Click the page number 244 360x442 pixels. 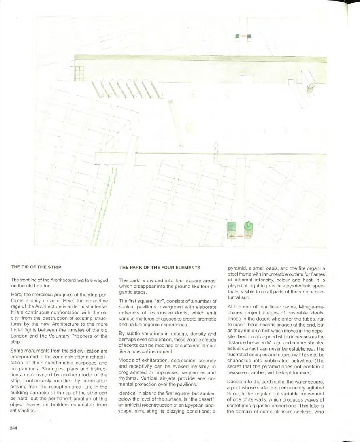click(14, 428)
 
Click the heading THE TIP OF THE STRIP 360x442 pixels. click(36, 268)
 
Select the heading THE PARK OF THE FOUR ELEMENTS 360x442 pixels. click(160, 268)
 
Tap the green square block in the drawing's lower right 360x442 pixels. click(232, 227)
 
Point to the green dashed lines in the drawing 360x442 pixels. click(104, 206)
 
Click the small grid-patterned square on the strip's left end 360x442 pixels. click(79, 73)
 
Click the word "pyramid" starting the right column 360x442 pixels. click(236, 268)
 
